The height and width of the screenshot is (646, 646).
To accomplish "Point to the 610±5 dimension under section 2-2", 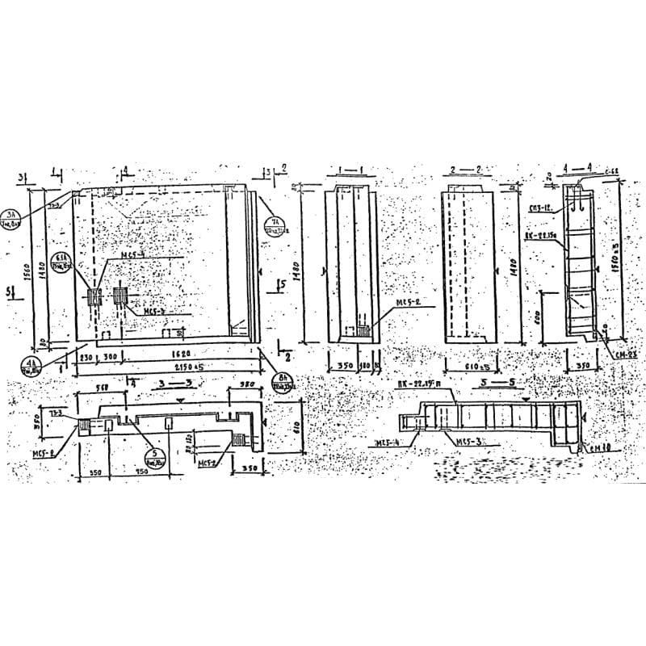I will [471, 366].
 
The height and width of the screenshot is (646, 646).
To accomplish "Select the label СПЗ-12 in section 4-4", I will [539, 208].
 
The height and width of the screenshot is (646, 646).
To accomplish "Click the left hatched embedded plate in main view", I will [94, 296].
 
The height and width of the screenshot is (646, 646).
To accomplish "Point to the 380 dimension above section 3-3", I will [246, 385].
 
